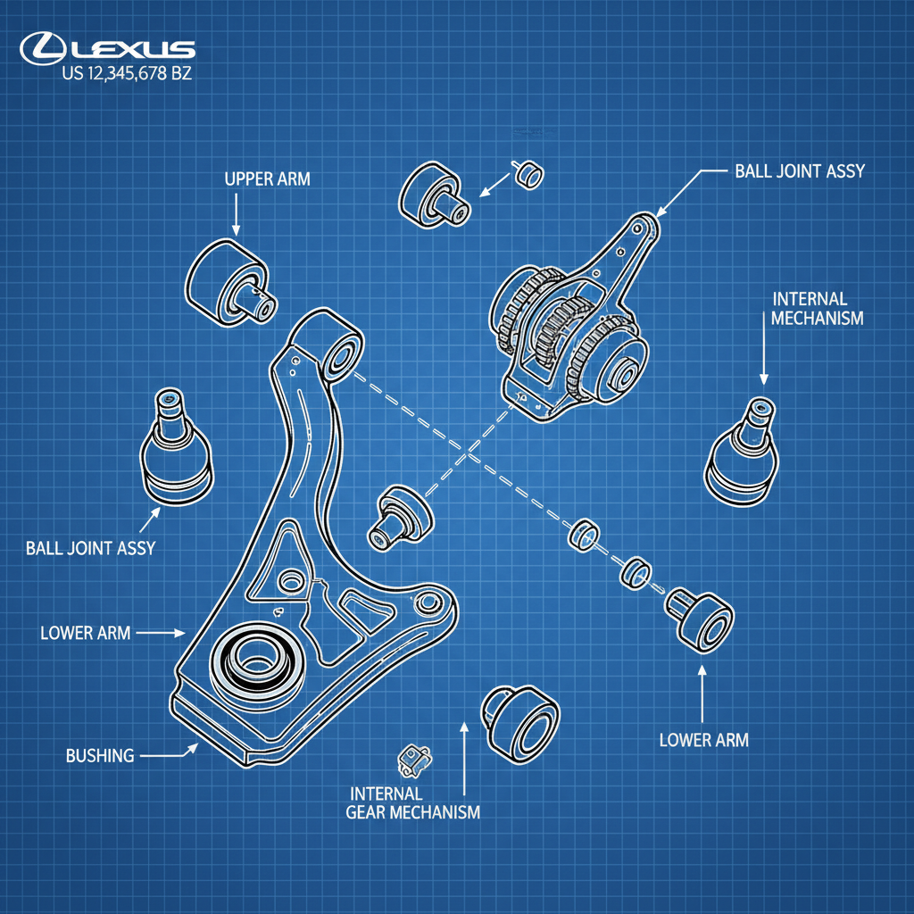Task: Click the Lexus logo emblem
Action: [39, 47]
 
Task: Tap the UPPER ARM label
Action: [267, 179]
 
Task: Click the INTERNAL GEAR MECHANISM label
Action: [412, 802]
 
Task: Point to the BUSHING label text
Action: [100, 756]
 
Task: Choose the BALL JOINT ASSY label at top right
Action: [799, 170]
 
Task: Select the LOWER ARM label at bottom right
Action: [703, 739]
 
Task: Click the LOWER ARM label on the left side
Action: [86, 633]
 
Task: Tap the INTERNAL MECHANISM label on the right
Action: [818, 308]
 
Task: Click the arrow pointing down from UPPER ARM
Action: [236, 214]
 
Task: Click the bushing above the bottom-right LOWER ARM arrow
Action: [700, 618]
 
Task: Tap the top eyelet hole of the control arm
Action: [344, 355]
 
